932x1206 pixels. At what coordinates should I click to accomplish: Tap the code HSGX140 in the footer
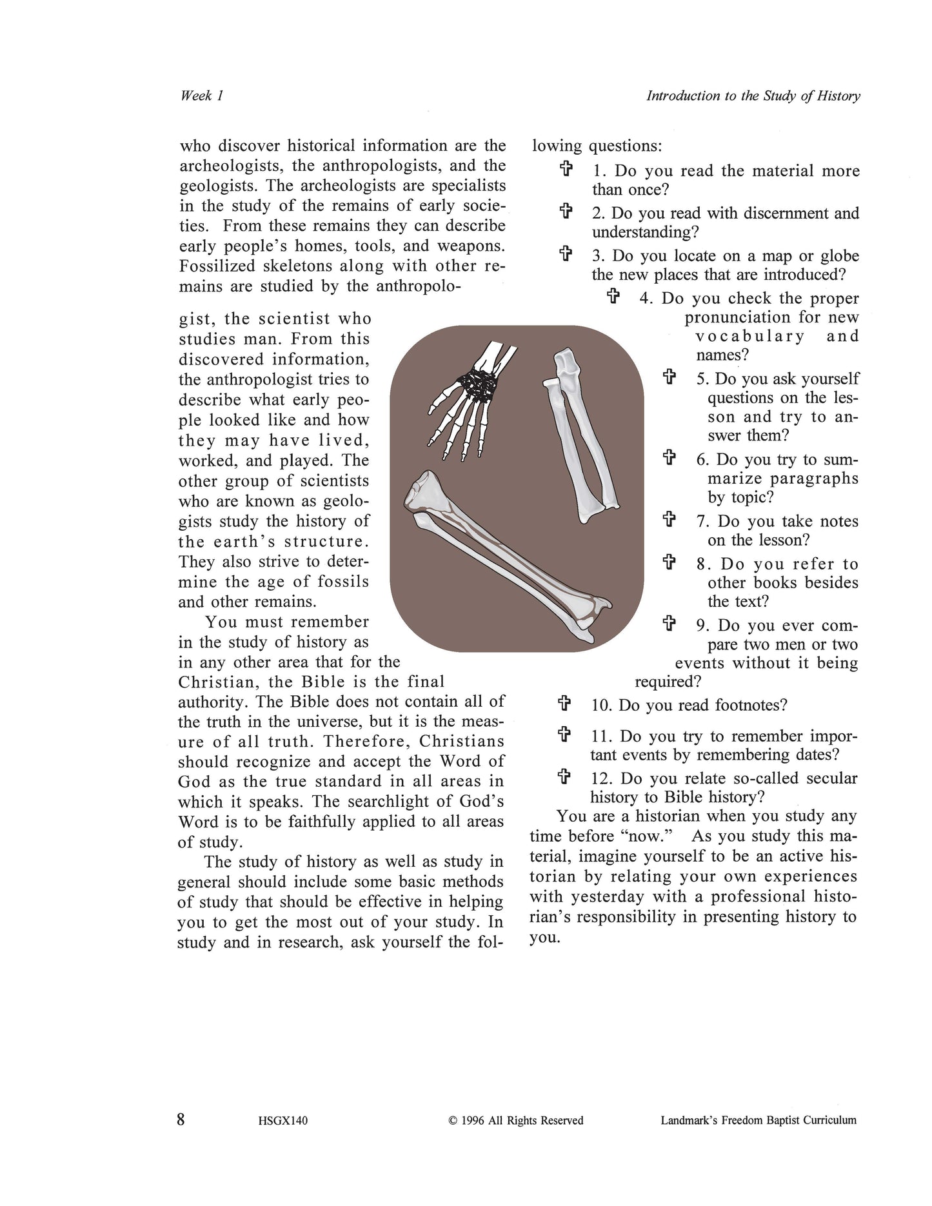[x=278, y=1121]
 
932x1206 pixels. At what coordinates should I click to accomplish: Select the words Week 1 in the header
[x=201, y=95]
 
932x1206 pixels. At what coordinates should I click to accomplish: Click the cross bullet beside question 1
[x=566, y=170]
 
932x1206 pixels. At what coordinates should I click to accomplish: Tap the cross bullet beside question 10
[x=564, y=703]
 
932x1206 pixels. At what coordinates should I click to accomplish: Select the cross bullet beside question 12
[x=564, y=776]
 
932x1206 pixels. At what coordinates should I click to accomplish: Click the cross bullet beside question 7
[x=669, y=520]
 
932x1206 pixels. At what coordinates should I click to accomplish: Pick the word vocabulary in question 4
[x=750, y=336]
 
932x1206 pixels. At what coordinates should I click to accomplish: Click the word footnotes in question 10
[x=751, y=704]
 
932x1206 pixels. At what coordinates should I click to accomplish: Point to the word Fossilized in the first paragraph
[x=221, y=266]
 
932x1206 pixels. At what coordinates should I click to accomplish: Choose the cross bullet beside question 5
[x=669, y=377]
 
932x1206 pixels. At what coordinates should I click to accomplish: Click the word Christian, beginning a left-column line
[x=215, y=682]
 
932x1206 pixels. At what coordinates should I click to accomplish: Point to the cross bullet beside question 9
[x=669, y=624]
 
